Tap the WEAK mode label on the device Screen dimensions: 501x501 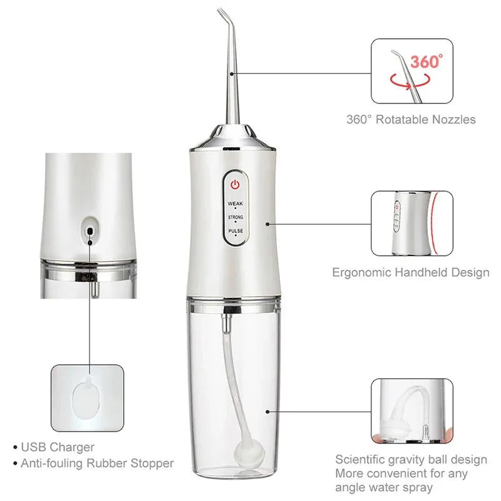coord(235,204)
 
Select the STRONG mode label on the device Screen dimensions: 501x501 coord(235,217)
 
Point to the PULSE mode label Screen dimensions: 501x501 coord(235,231)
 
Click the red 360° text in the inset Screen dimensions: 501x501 coord(426,61)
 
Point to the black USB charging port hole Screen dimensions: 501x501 coord(91,231)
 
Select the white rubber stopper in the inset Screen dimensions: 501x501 coord(87,398)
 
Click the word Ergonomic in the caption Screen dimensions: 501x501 coord(362,272)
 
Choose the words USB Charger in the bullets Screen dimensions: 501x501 coord(58,447)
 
